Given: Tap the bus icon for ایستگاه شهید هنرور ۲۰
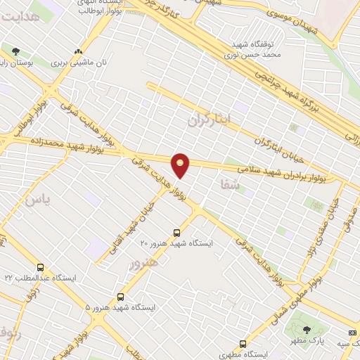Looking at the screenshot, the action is tap(176, 232).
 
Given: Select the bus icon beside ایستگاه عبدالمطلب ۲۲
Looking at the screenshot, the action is tap(40, 267).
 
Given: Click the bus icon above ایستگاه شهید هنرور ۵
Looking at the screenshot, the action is tap(121, 297).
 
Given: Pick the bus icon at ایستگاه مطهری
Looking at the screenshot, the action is tap(243, 344).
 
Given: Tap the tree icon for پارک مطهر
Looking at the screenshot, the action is tap(306, 330).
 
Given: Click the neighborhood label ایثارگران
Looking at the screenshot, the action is tap(209, 120).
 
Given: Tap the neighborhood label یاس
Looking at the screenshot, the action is tap(38, 200).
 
